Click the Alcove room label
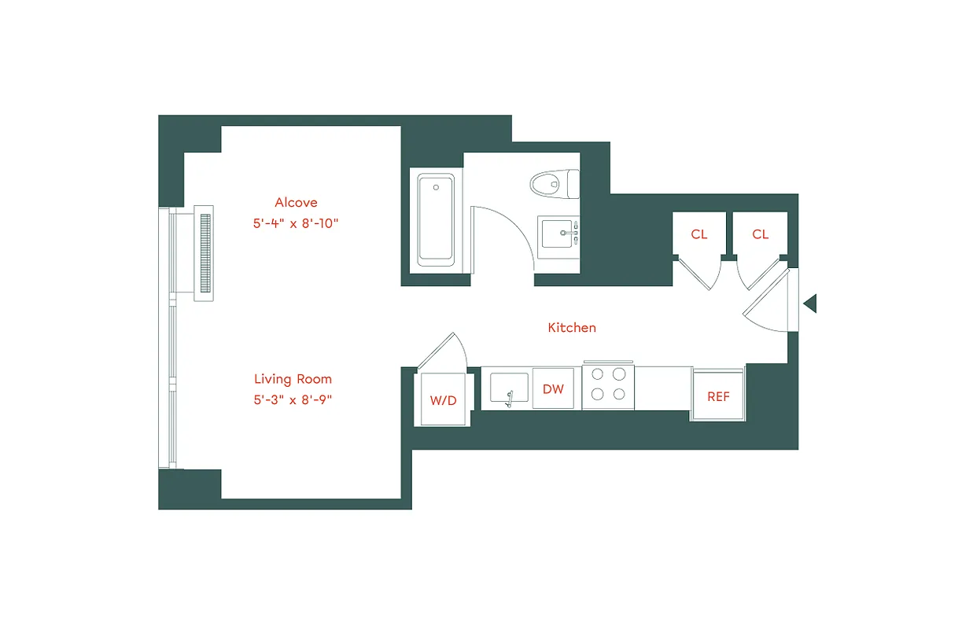[296, 203]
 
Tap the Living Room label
[293, 379]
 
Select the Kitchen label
[572, 327]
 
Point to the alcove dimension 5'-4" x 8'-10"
[296, 223]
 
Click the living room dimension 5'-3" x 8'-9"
[293, 399]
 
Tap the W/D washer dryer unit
[443, 399]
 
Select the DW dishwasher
[553, 388]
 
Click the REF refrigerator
[718, 396]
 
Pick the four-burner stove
[609, 384]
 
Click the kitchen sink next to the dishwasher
[509, 388]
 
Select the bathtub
[436, 219]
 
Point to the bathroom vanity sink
[560, 234]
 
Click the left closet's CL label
[698, 234]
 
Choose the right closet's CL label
[760, 234]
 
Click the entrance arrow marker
[809, 303]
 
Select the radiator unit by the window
[204, 253]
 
